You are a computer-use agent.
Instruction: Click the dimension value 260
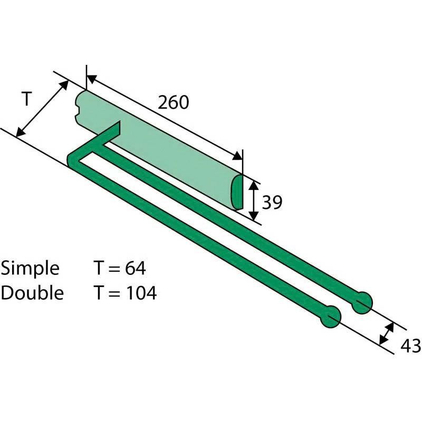(x=174, y=102)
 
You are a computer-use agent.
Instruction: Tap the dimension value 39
(x=272, y=202)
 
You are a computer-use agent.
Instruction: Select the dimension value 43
(x=410, y=346)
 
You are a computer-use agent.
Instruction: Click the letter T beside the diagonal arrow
(x=27, y=98)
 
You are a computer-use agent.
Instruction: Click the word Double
(x=32, y=293)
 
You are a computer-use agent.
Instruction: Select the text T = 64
(x=120, y=268)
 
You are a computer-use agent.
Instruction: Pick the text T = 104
(x=125, y=293)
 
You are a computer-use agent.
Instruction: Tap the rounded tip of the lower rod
(x=331, y=318)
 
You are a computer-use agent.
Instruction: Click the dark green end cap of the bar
(x=238, y=191)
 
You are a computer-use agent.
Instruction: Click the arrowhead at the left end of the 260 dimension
(x=91, y=79)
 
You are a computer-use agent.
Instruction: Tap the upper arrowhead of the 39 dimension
(x=254, y=184)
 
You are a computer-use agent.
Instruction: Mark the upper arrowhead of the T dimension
(x=64, y=84)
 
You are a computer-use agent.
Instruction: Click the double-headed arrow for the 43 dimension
(x=386, y=333)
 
